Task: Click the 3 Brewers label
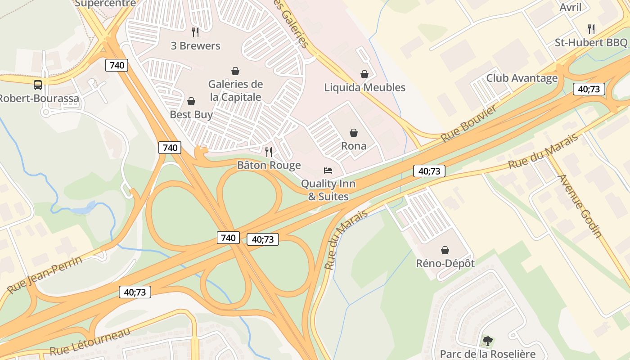pos(195,46)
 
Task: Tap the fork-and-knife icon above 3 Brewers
pos(195,32)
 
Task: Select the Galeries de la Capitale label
pos(235,90)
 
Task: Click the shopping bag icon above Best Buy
pos(191,101)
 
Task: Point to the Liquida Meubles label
pos(364,87)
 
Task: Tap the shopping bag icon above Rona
pos(354,133)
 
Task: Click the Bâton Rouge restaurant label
pos(269,165)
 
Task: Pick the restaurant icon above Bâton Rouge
pos(269,152)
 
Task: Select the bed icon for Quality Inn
pos(328,171)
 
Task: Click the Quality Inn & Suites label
pos(328,190)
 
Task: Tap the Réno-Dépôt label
pos(445,263)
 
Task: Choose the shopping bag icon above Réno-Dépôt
pos(445,250)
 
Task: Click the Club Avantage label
pos(522,78)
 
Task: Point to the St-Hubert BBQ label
pos(590,43)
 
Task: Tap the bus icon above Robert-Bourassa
pos(38,85)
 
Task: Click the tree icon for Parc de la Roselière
pos(487,341)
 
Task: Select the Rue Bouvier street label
pos(469,123)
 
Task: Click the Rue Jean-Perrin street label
pos(45,274)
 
